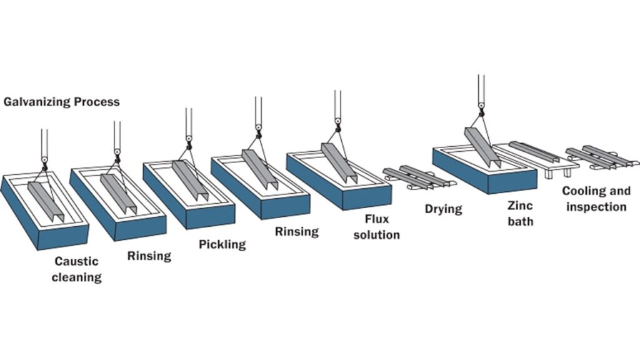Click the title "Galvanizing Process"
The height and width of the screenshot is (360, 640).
tap(61, 102)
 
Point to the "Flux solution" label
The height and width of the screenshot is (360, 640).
tap(382, 227)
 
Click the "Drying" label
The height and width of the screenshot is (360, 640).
tap(443, 209)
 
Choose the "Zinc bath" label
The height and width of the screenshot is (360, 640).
tap(520, 213)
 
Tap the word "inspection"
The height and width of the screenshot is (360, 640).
tap(595, 206)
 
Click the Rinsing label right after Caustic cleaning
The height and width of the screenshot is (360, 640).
tap(149, 255)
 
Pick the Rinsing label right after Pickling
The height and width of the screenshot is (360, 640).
tap(297, 232)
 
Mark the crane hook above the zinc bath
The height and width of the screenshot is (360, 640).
tap(481, 110)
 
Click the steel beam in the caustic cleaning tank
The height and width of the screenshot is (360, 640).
tap(45, 200)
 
